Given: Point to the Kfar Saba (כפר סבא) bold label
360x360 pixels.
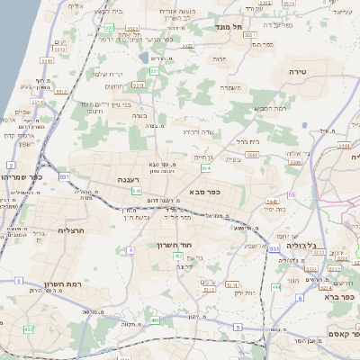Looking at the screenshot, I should [x=206, y=192].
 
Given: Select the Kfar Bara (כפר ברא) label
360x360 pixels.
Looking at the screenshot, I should [x=341, y=296].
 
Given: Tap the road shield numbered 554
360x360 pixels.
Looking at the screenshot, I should [x=206, y=167].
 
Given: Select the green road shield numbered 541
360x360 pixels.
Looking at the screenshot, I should [x=137, y=191].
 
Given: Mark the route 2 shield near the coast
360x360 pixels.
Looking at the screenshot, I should [x=11, y=165].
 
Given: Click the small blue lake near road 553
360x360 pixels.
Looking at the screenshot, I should [x=145, y=58].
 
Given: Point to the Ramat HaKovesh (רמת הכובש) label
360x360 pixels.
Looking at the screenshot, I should [x=271, y=108].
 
